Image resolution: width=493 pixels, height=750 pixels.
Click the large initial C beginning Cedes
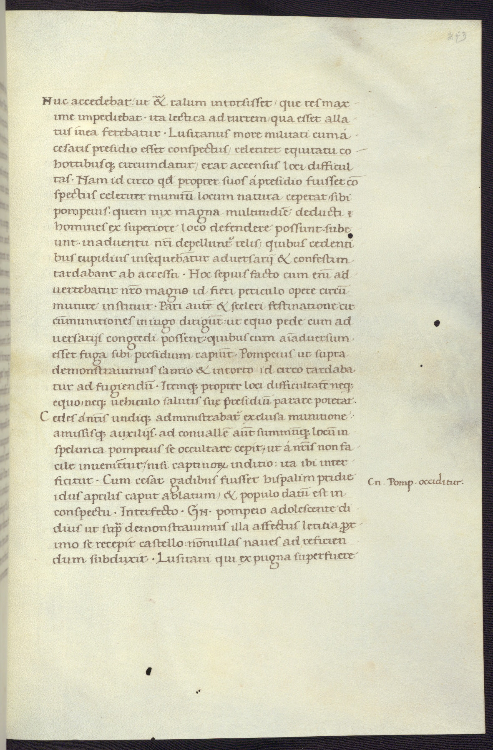(x=47, y=418)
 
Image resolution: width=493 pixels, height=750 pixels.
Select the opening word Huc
(x=53, y=101)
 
